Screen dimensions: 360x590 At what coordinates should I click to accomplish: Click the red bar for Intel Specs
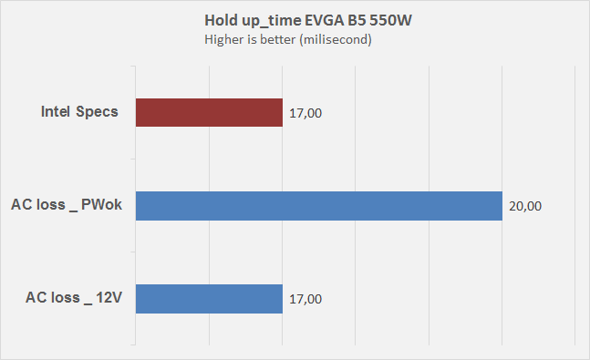pos(209,113)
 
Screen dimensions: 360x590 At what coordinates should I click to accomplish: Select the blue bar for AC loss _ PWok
pos(319,206)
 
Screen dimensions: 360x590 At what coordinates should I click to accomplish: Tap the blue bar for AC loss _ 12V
pos(209,298)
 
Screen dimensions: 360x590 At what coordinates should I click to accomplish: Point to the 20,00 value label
pos(525,206)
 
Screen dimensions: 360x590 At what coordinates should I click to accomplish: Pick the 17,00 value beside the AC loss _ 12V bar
pos(305,298)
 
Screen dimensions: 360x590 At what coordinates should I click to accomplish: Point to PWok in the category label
pos(103,206)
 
